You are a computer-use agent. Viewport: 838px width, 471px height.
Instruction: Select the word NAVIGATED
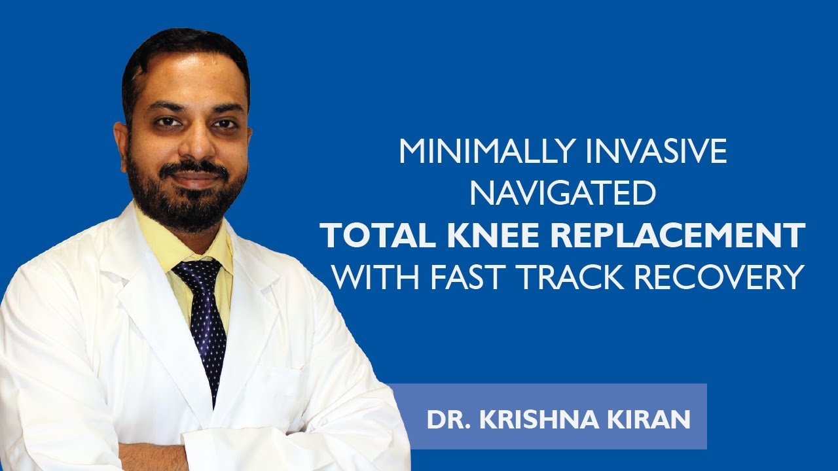tap(563, 194)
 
